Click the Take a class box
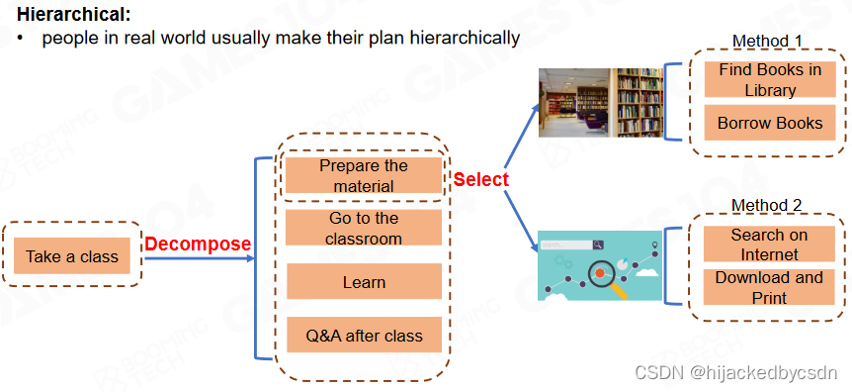click(x=72, y=255)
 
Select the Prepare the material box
click(x=364, y=175)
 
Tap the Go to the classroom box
click(x=364, y=228)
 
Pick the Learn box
click(x=364, y=281)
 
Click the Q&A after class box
click(x=364, y=335)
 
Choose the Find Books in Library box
click(x=770, y=79)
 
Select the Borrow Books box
click(x=770, y=123)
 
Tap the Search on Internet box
click(x=769, y=244)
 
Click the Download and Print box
click(x=769, y=287)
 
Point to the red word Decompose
click(x=198, y=244)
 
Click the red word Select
click(x=481, y=179)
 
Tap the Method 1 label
click(x=767, y=41)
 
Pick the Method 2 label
click(x=766, y=205)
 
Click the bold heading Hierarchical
click(x=74, y=14)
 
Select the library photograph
click(x=600, y=102)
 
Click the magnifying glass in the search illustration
click(x=605, y=276)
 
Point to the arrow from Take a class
click(x=200, y=257)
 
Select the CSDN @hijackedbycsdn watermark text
click(x=735, y=373)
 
